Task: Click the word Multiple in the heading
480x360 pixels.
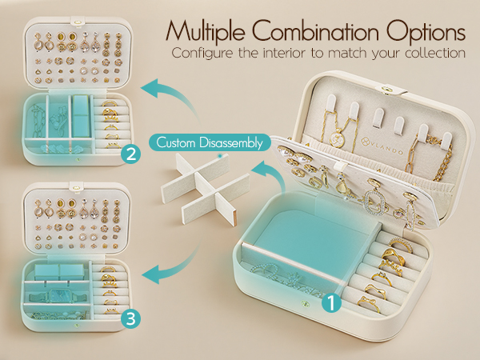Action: tap(205, 32)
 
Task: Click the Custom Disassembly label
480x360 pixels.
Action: tap(210, 142)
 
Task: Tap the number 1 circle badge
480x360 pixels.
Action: tap(331, 303)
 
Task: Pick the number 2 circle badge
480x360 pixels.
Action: tap(130, 154)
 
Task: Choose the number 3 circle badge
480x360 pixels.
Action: tap(130, 319)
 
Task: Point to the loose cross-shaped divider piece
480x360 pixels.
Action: tap(205, 189)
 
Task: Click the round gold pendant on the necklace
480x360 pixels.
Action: tap(337, 138)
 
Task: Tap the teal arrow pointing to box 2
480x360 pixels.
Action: tap(172, 98)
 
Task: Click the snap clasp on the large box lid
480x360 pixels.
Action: tap(386, 89)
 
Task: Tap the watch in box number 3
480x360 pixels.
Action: tap(58, 296)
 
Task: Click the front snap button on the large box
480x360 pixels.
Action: tap(305, 303)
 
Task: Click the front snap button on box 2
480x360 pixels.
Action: tap(78, 159)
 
